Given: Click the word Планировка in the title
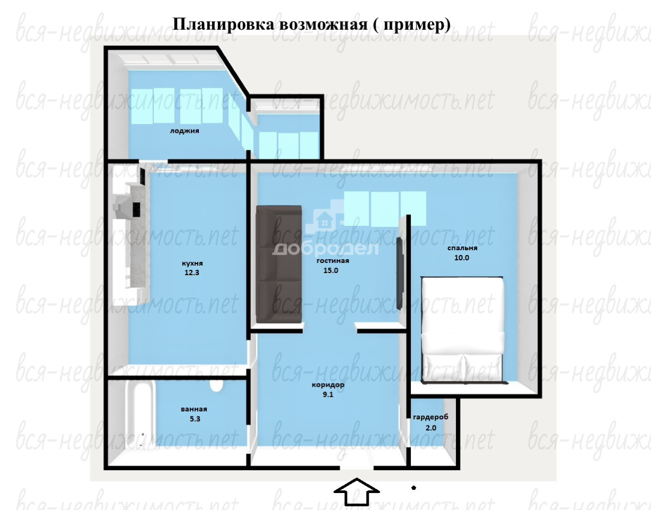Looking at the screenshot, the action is (x=224, y=24).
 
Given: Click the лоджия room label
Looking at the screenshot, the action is (x=184, y=131).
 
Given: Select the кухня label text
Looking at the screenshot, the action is (x=192, y=263).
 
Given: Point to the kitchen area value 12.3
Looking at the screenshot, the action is (x=192, y=273).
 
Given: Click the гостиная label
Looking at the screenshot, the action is (x=333, y=261).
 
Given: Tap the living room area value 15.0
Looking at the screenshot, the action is (x=331, y=270).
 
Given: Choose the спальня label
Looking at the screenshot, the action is (x=462, y=248).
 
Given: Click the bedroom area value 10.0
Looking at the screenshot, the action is (x=462, y=258).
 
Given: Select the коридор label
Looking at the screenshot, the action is (x=328, y=385).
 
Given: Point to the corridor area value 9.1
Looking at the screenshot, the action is (x=328, y=394).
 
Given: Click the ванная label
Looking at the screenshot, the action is (x=194, y=409).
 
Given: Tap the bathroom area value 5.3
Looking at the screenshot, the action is (x=195, y=419).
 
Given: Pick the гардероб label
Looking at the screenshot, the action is (x=431, y=417).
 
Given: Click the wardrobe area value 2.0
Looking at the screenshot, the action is (x=431, y=428).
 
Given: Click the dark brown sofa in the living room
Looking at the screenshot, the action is (x=279, y=265).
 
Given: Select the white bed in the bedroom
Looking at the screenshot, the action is (x=463, y=330).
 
